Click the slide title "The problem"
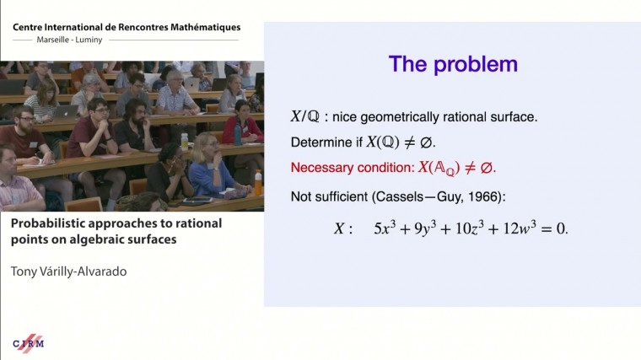pyautogui.click(x=452, y=64)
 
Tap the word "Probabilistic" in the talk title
pyautogui.click(x=49, y=224)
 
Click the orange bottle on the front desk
pyautogui.click(x=258, y=181)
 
